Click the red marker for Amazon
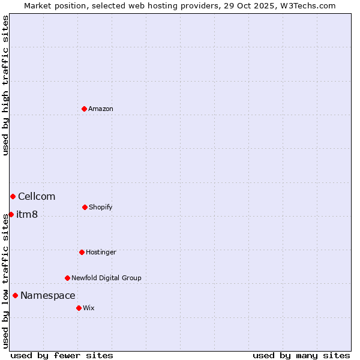point(85,109)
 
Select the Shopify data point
point(85,207)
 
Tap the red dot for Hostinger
point(82,252)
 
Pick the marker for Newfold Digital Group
point(67,278)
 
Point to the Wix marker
point(79,308)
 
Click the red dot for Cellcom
point(13,196)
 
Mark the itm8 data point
point(11,214)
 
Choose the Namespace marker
point(15,295)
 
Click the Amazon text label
point(101,109)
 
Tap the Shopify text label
point(101,207)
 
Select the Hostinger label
point(101,252)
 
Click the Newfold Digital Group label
point(106,278)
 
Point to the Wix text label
point(89,308)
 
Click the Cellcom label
point(37,196)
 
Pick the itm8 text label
point(27,215)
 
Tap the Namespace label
point(48,295)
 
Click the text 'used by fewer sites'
point(62,355)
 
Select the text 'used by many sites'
point(301,355)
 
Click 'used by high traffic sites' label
point(5,85)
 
